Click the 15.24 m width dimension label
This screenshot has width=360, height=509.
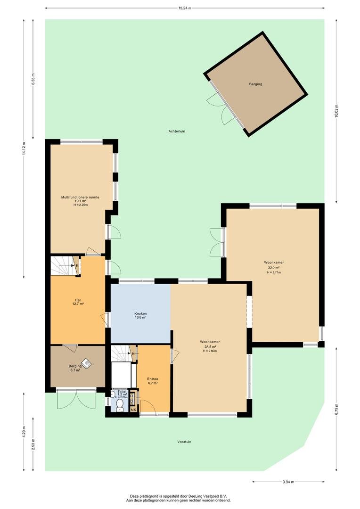(x=185, y=8)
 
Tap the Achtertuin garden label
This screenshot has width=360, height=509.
(x=177, y=131)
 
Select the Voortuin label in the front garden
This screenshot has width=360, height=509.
(x=184, y=442)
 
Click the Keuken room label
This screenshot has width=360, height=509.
(x=140, y=313)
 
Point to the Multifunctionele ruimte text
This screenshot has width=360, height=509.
(x=80, y=197)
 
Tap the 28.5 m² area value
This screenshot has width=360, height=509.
(x=210, y=346)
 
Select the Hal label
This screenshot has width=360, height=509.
(x=78, y=300)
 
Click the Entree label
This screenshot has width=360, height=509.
(x=153, y=379)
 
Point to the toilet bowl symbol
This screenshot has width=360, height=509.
(x=120, y=405)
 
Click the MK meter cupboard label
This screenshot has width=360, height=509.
(x=133, y=410)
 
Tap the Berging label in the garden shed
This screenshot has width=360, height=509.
(x=255, y=84)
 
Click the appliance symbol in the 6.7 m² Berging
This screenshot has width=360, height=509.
(x=86, y=363)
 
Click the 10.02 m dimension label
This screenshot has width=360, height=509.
(x=336, y=112)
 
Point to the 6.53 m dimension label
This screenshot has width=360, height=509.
(x=33, y=79)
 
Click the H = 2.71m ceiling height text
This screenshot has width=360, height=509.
(x=274, y=272)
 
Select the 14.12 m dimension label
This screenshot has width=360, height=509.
(x=24, y=149)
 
